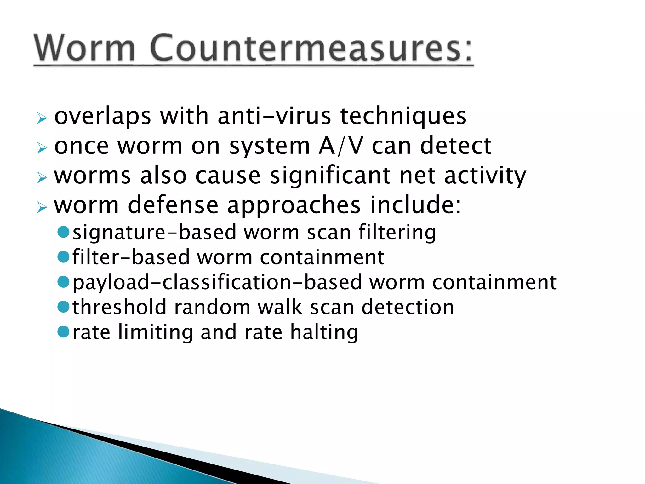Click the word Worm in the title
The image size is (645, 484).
pos(84,48)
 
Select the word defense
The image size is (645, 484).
pos(173,205)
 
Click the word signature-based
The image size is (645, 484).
pos(154,233)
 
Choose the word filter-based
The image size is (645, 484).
pos(131,257)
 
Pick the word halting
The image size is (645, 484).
pos(324,332)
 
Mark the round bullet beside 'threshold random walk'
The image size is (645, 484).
pos(64,307)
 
